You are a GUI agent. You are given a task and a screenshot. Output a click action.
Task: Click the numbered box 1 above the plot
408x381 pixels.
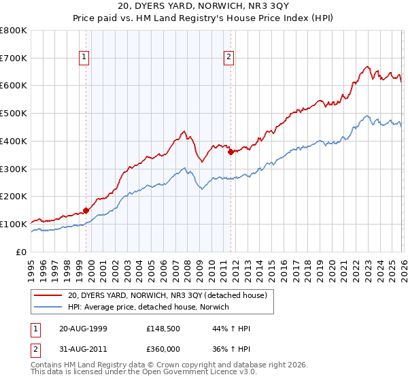84,57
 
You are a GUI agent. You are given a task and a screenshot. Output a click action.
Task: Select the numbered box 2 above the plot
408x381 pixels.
229,57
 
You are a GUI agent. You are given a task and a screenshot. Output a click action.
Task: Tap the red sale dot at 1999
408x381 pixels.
86,210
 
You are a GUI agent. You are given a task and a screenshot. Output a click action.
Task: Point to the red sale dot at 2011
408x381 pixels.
231,152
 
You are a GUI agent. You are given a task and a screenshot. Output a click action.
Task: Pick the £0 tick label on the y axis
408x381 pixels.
20,252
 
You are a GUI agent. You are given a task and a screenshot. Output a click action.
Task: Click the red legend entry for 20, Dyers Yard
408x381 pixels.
170,295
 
